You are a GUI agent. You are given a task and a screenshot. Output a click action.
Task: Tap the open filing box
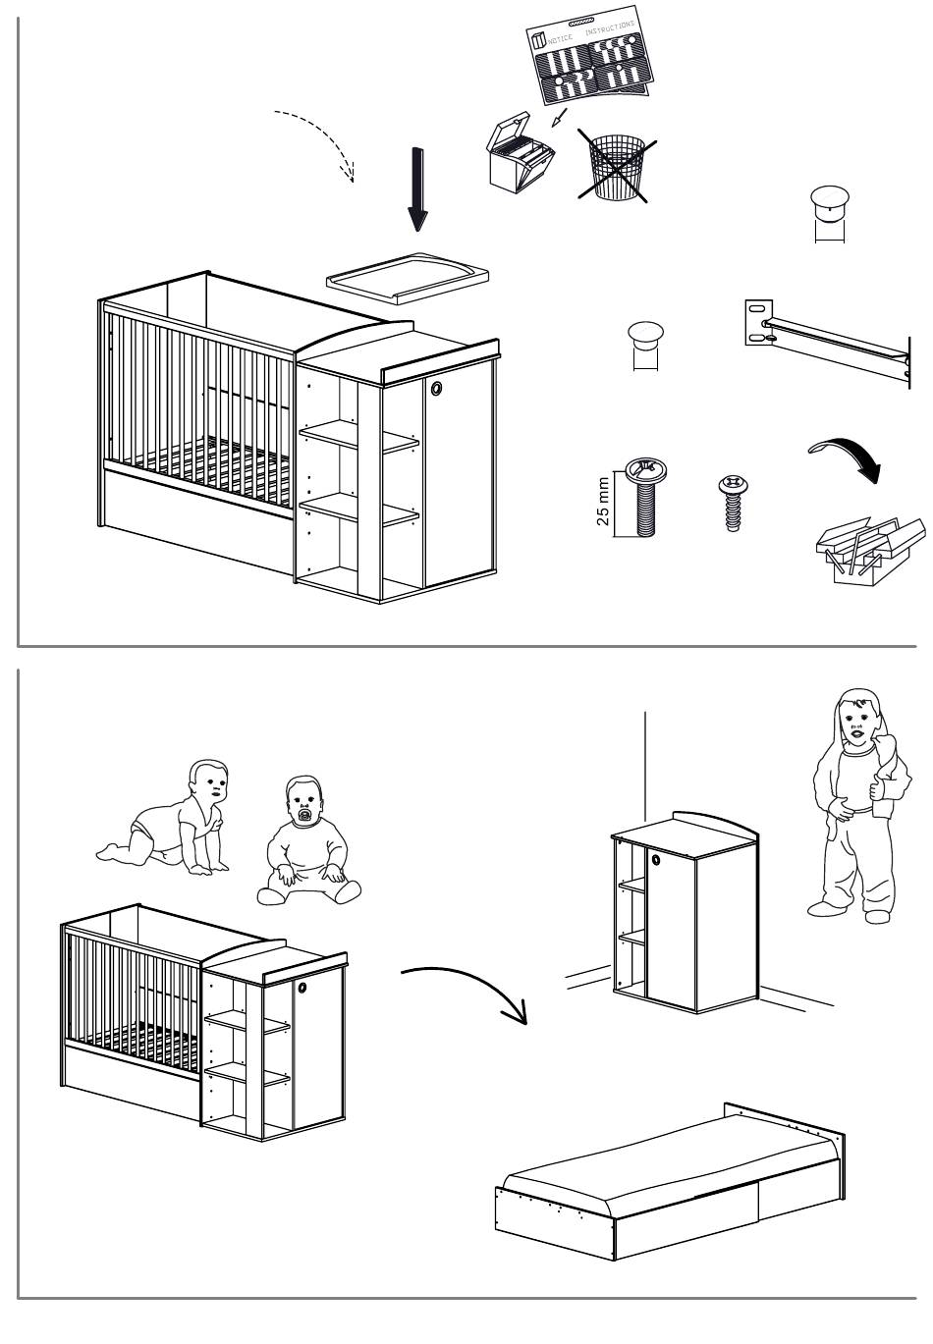pyautogui.click(x=520, y=152)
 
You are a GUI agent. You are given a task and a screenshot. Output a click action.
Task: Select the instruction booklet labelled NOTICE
pyautogui.click(x=589, y=55)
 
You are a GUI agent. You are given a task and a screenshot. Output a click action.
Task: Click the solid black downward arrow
pyautogui.click(x=417, y=189)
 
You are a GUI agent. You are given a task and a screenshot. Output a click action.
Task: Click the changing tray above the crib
pyautogui.click(x=407, y=278)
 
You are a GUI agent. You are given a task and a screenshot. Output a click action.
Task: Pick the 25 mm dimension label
pyautogui.click(x=603, y=501)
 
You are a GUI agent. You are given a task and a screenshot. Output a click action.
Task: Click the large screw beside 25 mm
pyautogui.click(x=645, y=498)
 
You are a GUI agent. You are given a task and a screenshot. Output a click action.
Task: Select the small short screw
pyautogui.click(x=733, y=503)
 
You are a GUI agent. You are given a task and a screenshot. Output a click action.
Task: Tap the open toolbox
pyautogui.click(x=870, y=550)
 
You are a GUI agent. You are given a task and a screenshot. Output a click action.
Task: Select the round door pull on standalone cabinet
pyautogui.click(x=656, y=860)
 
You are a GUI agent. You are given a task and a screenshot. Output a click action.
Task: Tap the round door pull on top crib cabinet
pyautogui.click(x=436, y=388)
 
